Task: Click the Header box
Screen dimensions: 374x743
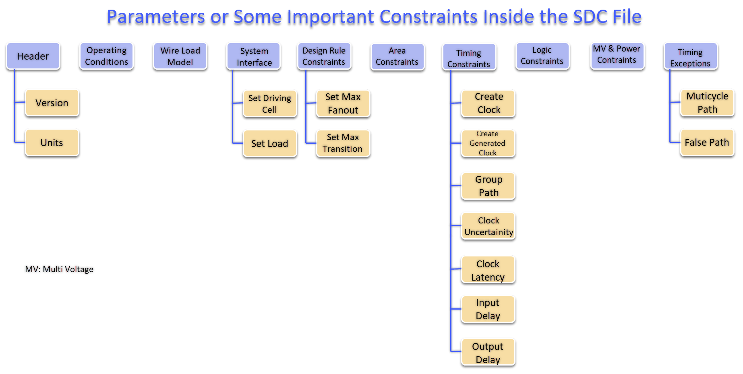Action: click(33, 56)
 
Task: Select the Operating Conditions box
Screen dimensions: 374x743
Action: click(106, 56)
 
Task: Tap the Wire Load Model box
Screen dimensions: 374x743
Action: click(180, 56)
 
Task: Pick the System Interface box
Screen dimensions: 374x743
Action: click(254, 57)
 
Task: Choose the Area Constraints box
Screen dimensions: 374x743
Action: click(397, 57)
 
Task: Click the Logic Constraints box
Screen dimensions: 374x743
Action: click(542, 56)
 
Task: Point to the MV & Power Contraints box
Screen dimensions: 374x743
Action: click(617, 55)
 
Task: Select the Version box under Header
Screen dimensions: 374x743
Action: click(52, 103)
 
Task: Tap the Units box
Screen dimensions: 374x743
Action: click(52, 143)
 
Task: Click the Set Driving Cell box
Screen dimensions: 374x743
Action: click(270, 104)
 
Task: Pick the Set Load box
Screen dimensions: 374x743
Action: click(270, 144)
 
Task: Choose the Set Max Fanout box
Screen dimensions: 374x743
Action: click(343, 103)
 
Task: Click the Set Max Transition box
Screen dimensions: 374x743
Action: click(343, 143)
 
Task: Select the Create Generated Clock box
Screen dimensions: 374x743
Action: click(488, 143)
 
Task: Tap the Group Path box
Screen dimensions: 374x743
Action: click(488, 186)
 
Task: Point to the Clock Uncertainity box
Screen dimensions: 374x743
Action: click(488, 226)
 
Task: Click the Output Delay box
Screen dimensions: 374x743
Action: click(488, 353)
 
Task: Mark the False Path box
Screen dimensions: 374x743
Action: click(707, 143)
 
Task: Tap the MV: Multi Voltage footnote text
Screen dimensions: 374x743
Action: click(59, 269)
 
